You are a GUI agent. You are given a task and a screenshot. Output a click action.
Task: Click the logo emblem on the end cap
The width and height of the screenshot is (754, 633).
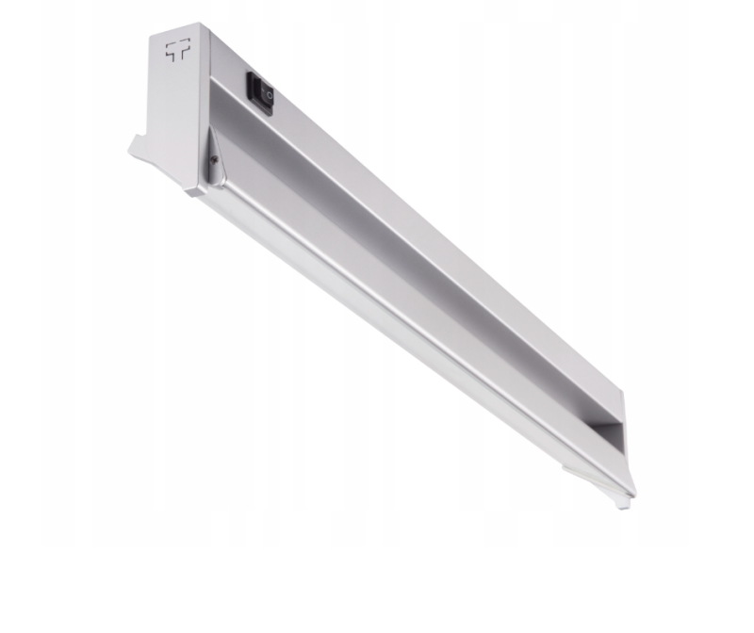tap(176, 52)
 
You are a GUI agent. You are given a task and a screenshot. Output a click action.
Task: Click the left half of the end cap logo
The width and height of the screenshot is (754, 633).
tap(171, 52)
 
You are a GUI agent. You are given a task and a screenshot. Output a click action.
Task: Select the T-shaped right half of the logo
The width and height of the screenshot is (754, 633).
tap(182, 52)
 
